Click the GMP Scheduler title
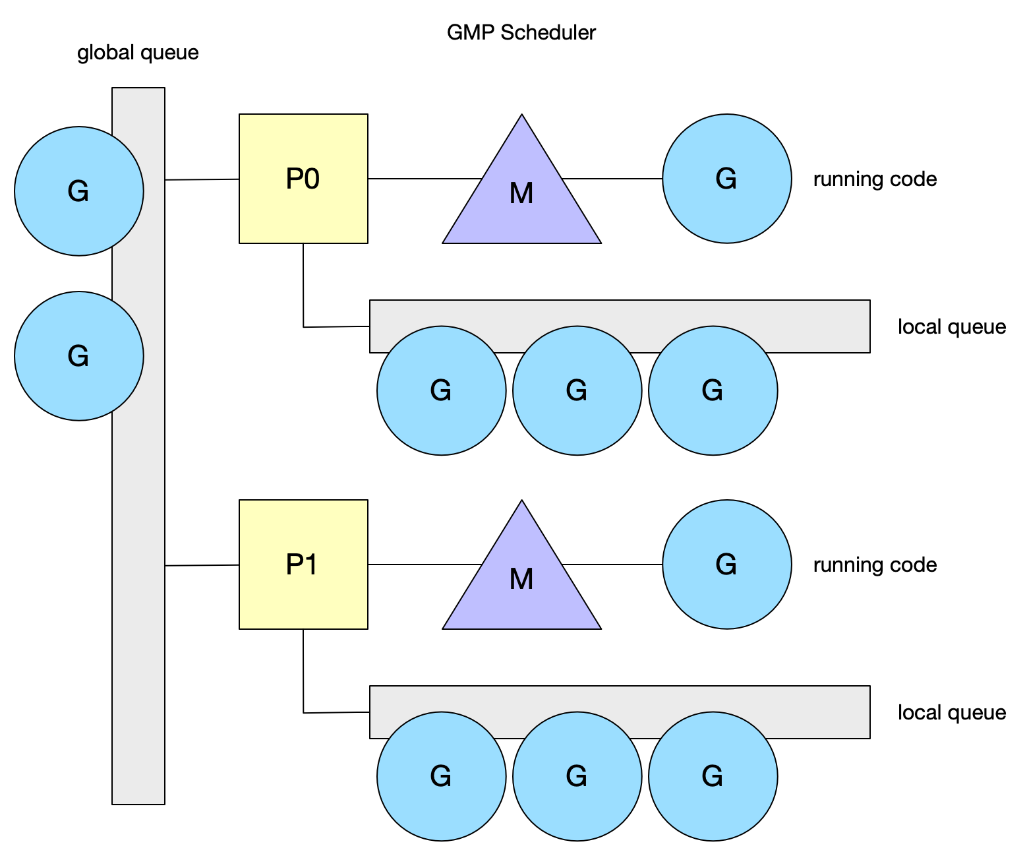pyautogui.click(x=521, y=32)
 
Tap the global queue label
pyautogui.click(x=138, y=53)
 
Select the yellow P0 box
pyautogui.click(x=303, y=179)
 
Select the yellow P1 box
pyautogui.click(x=303, y=565)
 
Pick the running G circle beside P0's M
pyautogui.click(x=726, y=179)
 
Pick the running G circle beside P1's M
pyautogui.click(x=726, y=565)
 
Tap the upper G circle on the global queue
pyautogui.click(x=78, y=191)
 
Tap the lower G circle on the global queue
pyautogui.click(x=78, y=356)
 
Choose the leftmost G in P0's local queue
pyautogui.click(x=441, y=390)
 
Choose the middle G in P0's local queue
pyautogui.click(x=577, y=390)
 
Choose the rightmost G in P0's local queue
pyautogui.click(x=713, y=390)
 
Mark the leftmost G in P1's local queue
pyautogui.click(x=441, y=776)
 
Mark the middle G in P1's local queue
pyautogui.click(x=577, y=776)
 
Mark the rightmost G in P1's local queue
pyautogui.click(x=713, y=776)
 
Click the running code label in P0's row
pyautogui.click(x=875, y=179)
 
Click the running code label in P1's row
pyautogui.click(x=875, y=565)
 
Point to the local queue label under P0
pyautogui.click(x=951, y=327)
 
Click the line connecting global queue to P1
pyautogui.click(x=202, y=565)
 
